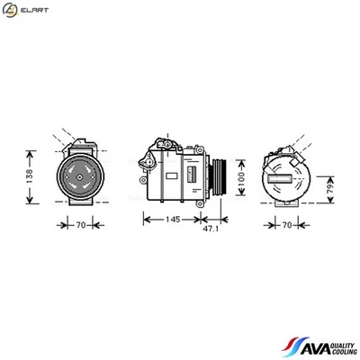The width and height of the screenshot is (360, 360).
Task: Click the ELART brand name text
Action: pos(32,10)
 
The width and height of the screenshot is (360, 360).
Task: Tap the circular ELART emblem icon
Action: pos(11,10)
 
